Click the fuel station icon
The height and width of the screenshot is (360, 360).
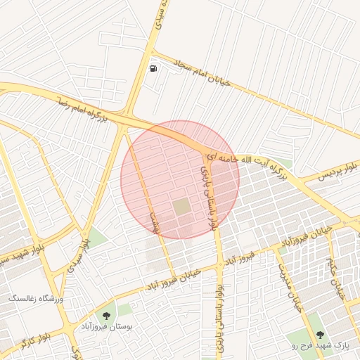pyautogui.click(x=153, y=69)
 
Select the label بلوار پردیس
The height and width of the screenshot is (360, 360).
pyautogui.click(x=340, y=170)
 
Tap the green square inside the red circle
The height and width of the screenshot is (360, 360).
pyautogui.click(x=181, y=207)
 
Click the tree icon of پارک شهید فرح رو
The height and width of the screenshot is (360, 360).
pyautogui.click(x=321, y=335)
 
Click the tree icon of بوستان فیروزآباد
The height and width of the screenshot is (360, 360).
pyautogui.click(x=106, y=316)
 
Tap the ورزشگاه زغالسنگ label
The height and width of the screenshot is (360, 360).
pyautogui.click(x=35, y=299)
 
